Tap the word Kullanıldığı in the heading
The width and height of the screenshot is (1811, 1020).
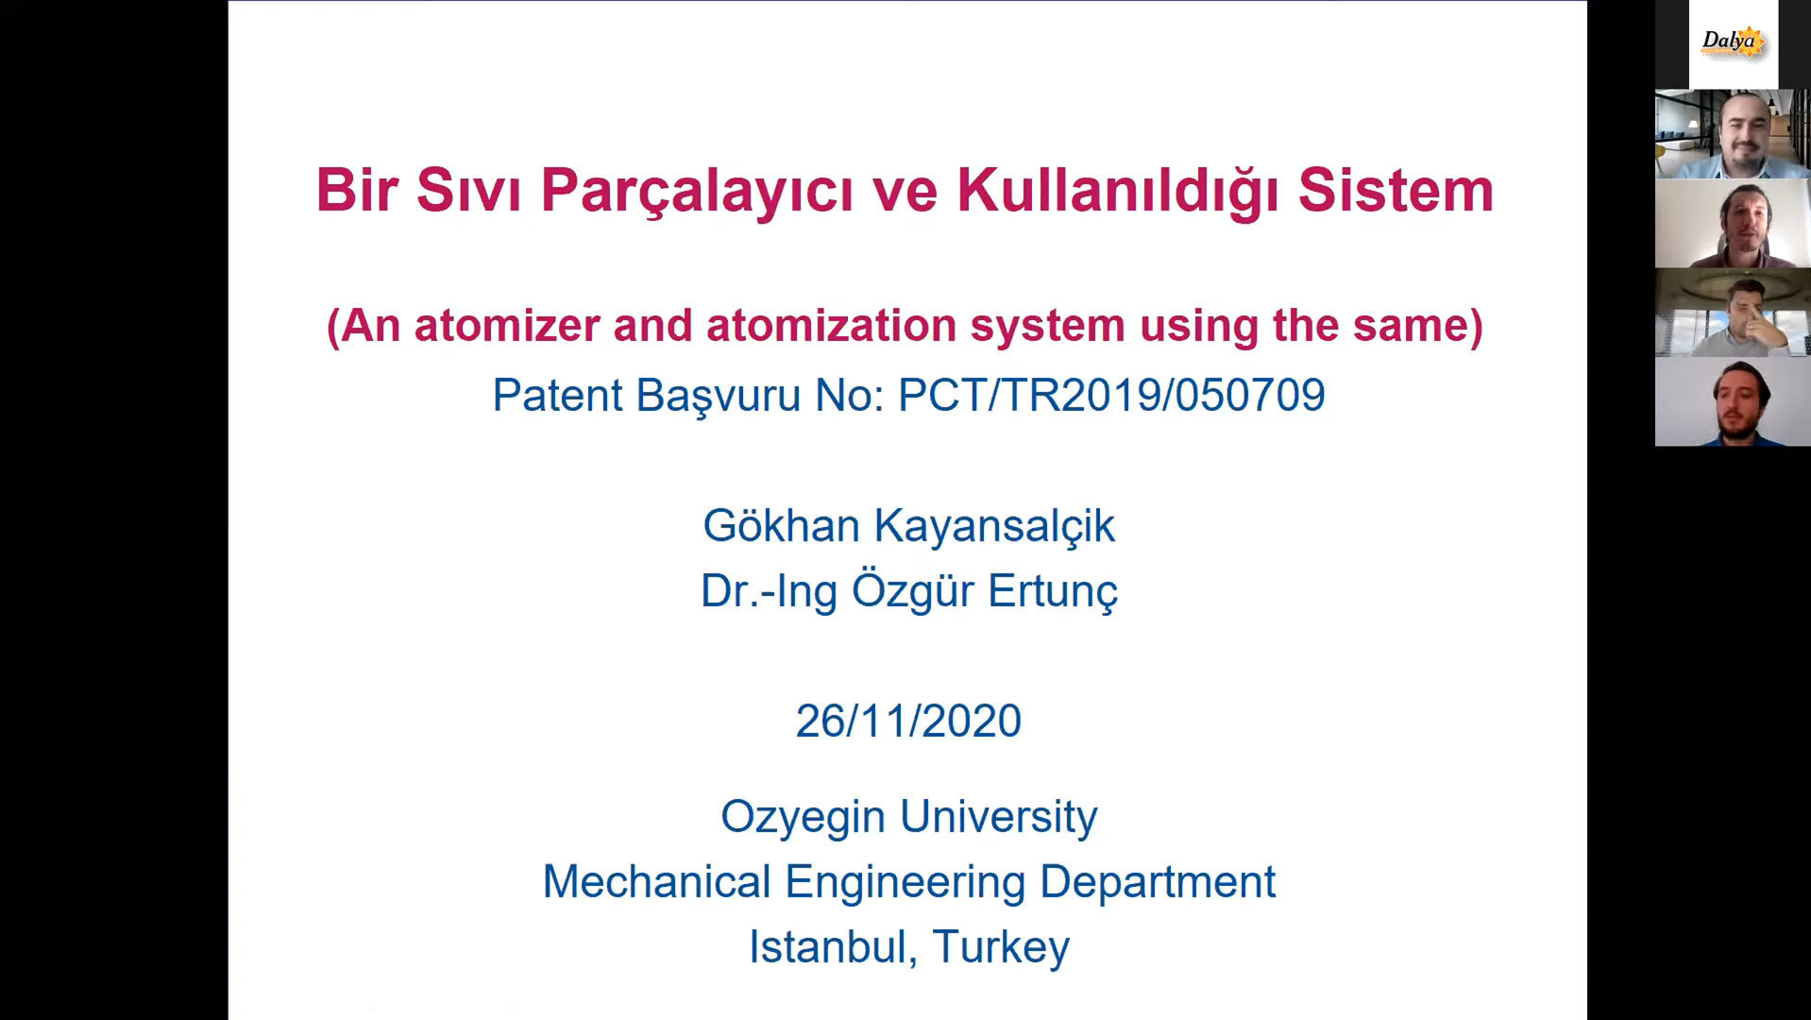[x=1119, y=192]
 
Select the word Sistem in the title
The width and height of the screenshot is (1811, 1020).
[x=1396, y=190]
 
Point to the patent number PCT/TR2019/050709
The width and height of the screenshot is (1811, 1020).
[x=1111, y=395]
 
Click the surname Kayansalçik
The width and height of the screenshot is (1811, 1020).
[x=994, y=527]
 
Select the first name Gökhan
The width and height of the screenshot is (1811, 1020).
[x=781, y=525]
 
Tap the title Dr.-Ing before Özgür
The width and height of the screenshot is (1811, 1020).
[x=769, y=592]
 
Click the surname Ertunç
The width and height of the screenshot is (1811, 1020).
[x=1053, y=592]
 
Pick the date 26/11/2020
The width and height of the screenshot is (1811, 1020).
[x=908, y=722]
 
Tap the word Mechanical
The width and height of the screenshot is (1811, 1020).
[x=656, y=882]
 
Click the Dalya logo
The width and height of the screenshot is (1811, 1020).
[x=1733, y=42]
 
